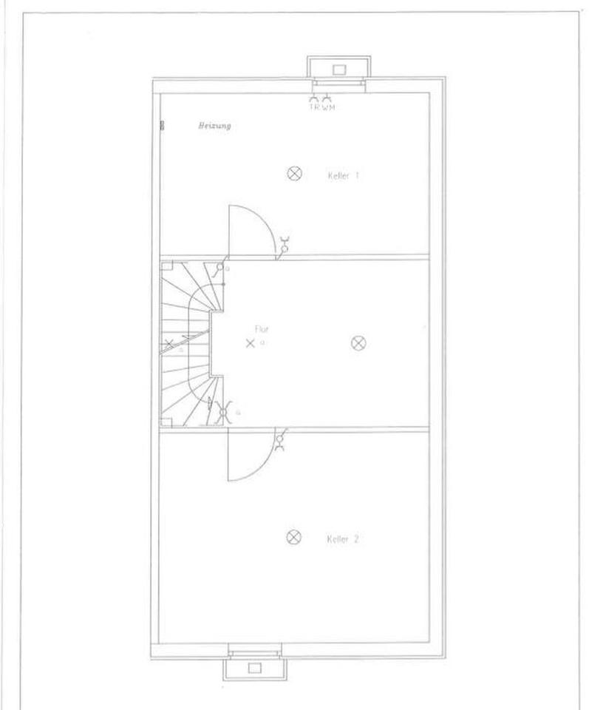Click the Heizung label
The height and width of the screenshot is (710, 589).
point(214,126)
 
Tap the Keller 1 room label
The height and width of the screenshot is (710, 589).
point(343,176)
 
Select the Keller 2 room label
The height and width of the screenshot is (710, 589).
point(342,540)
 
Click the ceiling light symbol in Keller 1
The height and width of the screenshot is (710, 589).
point(295,174)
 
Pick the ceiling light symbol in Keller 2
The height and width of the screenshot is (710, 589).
point(294,537)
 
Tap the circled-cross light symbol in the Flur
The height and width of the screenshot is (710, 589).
point(358,342)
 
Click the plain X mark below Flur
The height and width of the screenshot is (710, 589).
point(250,343)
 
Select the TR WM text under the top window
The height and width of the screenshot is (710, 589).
point(321,107)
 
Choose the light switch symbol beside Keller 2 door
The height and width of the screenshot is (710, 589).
point(280,442)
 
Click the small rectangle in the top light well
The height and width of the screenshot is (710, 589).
point(339,70)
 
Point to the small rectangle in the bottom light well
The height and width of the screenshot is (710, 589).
point(255,667)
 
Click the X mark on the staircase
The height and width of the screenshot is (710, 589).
point(170,343)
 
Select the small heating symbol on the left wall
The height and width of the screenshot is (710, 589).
point(160,126)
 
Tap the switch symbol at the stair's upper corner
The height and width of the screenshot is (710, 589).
point(219,269)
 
